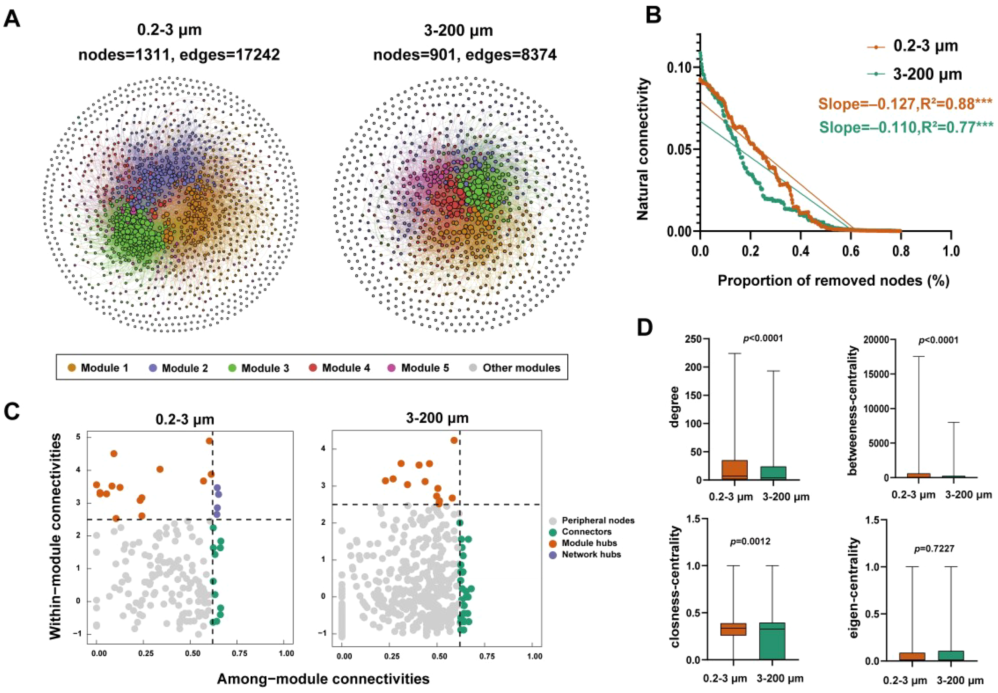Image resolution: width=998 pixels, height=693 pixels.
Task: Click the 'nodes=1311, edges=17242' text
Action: click(x=179, y=55)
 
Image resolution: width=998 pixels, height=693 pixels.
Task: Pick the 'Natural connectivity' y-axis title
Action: click(x=643, y=149)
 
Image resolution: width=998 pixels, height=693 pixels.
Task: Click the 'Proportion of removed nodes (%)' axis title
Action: click(x=833, y=280)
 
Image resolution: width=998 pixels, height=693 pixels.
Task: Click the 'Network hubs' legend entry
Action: click(x=591, y=555)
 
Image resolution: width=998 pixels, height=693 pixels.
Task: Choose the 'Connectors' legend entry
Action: click(x=586, y=532)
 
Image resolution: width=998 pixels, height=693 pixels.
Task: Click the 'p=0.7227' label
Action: click(x=934, y=549)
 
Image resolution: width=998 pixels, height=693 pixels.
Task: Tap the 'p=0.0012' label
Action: click(x=750, y=541)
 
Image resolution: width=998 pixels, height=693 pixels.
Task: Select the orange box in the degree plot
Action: click(x=734, y=470)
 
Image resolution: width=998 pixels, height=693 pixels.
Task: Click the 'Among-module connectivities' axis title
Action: click(x=323, y=679)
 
